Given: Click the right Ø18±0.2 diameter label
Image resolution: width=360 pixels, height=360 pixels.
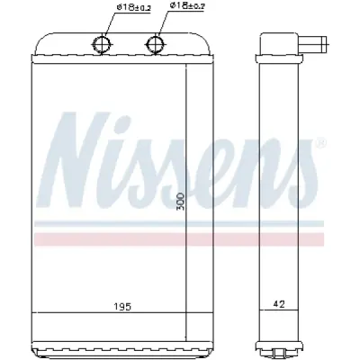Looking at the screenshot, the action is (x=186, y=6).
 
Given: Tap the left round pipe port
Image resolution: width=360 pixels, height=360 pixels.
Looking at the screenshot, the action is (x=103, y=44).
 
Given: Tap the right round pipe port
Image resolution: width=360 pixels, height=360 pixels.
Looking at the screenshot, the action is (x=157, y=44).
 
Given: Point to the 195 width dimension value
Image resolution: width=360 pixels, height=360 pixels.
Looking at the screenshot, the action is (x=123, y=307).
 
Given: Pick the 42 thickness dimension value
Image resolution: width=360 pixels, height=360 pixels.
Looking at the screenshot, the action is (x=279, y=304).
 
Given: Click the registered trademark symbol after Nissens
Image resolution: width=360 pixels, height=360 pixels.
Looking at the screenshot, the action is (x=320, y=142).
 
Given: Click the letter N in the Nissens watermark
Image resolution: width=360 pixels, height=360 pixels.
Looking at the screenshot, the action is (x=79, y=160).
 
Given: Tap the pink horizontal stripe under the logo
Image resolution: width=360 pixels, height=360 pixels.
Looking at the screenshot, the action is (x=179, y=239).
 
